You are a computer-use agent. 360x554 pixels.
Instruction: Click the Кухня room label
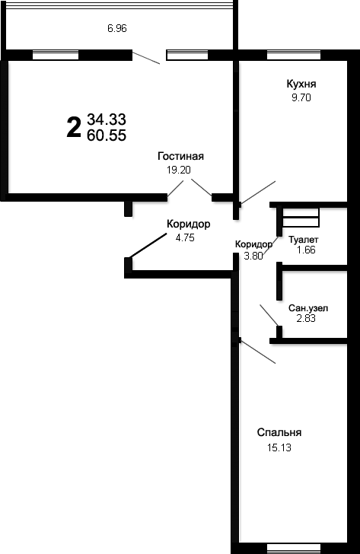[301, 84]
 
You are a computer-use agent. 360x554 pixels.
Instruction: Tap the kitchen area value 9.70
[301, 97]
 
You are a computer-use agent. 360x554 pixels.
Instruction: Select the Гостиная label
[180, 156]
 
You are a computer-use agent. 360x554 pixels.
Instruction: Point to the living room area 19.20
[179, 170]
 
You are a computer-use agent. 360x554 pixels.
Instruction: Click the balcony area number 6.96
[117, 28]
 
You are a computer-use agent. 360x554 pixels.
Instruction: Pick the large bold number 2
[74, 128]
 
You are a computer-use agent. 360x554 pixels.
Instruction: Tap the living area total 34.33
[107, 119]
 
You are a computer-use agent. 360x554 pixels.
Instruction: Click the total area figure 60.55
[107, 135]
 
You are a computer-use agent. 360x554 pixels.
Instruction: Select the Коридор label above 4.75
[188, 224]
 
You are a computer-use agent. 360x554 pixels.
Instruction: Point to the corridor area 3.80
[253, 256]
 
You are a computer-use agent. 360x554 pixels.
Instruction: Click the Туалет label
[304, 240]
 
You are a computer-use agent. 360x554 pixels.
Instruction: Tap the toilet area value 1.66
[306, 250]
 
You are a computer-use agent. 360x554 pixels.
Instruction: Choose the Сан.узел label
[308, 308]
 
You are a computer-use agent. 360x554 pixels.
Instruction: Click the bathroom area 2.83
[306, 318]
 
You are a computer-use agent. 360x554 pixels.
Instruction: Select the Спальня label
[279, 432]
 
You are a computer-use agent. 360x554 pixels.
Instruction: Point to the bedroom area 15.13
[279, 447]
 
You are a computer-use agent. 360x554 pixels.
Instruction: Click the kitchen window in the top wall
[294, 55]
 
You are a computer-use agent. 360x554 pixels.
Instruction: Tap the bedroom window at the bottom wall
[294, 549]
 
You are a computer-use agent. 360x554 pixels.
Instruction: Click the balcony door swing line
[146, 58]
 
